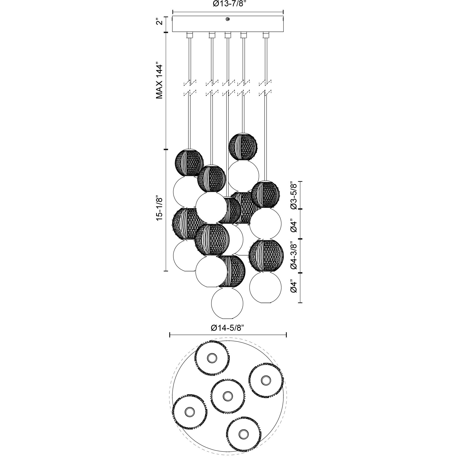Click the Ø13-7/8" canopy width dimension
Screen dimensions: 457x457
(228, 4)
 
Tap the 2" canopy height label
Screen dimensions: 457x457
(159, 22)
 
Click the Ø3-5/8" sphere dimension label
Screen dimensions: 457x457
(294, 195)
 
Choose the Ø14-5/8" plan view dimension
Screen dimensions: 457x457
(227, 328)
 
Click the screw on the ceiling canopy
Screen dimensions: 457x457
(228, 19)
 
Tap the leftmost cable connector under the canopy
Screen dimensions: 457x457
(189, 35)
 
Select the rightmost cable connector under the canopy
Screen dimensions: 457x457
(266, 35)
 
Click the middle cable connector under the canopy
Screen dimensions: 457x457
(228, 35)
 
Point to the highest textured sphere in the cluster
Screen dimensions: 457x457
(243, 146)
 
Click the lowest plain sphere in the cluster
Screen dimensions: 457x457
(227, 303)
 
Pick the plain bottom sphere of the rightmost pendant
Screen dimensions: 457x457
(265, 287)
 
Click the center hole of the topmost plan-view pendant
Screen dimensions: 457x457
(211, 358)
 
